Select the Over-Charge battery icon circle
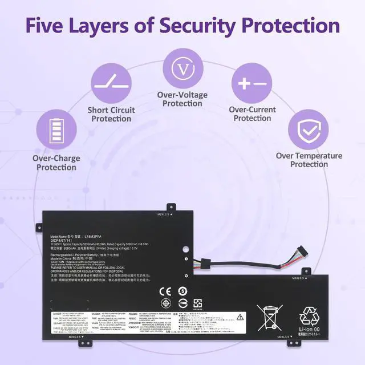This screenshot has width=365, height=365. pyautogui.click(x=57, y=130)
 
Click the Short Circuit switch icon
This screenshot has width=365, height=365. pyautogui.click(x=111, y=82)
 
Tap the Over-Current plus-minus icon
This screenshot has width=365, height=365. pyautogui.click(x=252, y=83)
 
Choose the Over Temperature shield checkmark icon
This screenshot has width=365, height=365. pyautogui.click(x=309, y=130)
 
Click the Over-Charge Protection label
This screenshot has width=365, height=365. pyautogui.click(x=56, y=163)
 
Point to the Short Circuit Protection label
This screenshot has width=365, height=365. pyautogui.click(x=111, y=114)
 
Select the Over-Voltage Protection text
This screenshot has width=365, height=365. pyautogui.click(x=182, y=99)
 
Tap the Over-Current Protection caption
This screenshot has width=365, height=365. pyautogui.click(x=252, y=113)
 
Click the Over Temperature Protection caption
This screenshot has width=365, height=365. pyautogui.click(x=309, y=160)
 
